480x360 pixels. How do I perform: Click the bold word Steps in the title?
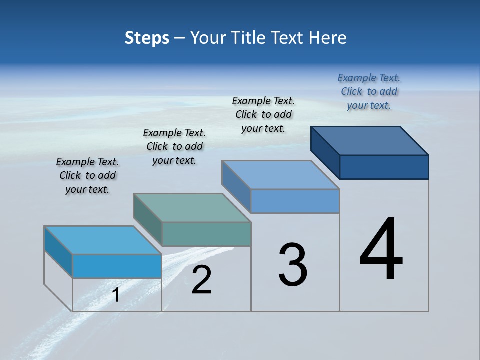147,38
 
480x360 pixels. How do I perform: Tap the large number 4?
381,250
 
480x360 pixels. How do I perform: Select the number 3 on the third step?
293,265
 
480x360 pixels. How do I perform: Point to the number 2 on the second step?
201,280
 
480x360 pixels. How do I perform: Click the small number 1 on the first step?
116,295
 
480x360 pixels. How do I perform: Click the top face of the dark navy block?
370,140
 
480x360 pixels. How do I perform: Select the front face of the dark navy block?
384,167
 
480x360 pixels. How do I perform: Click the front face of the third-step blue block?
295,201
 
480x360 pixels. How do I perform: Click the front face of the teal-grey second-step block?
206,234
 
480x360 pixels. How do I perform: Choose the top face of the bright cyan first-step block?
103,240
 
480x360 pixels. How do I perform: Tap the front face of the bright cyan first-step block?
117,266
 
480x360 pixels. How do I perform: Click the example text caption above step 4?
369,92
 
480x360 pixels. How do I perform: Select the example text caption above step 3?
263,115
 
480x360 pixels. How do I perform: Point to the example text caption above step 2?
174,147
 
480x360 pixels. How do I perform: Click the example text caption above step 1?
87,176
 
